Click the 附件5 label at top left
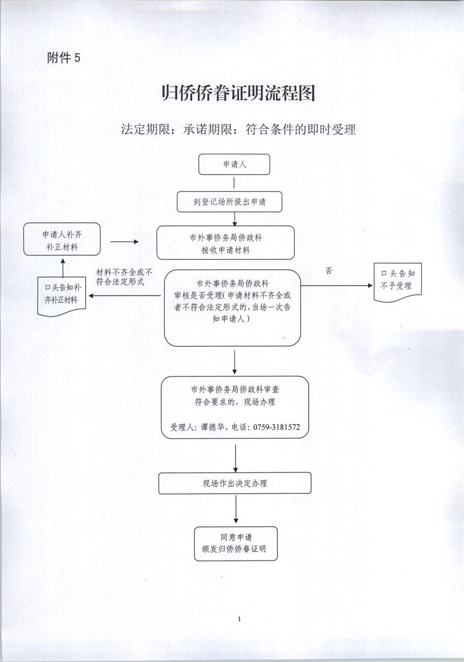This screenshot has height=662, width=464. point(63,58)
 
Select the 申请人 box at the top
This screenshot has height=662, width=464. point(235,165)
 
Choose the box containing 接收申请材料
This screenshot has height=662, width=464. point(225,243)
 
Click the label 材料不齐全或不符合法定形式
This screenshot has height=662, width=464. point(124,277)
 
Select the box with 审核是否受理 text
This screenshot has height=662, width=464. point(232,307)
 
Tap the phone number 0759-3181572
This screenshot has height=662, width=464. point(278,427)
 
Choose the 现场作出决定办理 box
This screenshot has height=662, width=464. point(235,483)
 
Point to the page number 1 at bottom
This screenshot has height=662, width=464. point(240,618)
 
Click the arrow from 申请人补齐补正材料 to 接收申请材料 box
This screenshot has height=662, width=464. point(124,241)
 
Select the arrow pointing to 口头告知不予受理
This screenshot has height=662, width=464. point(338,285)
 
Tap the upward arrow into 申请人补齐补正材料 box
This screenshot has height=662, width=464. point(62,267)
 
